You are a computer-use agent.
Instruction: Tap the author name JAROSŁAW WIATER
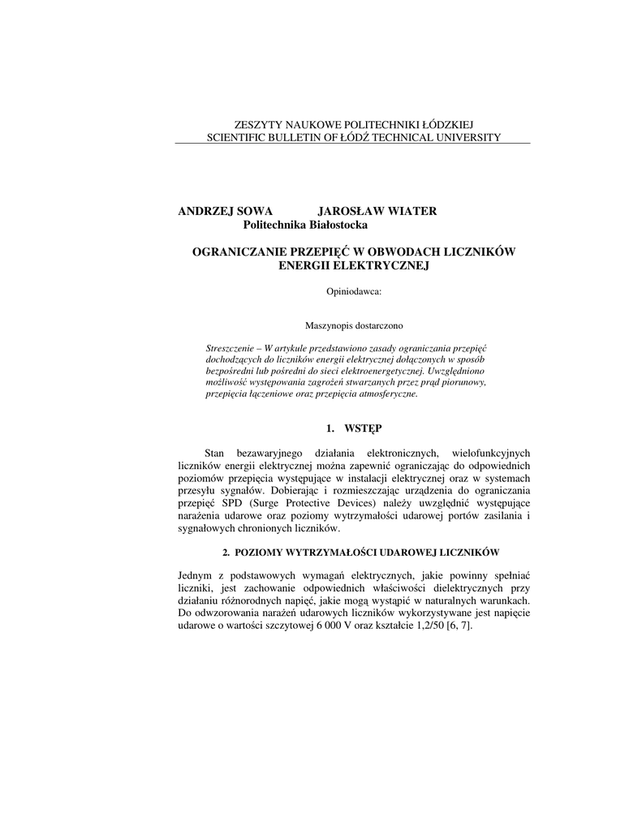point(377,211)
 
